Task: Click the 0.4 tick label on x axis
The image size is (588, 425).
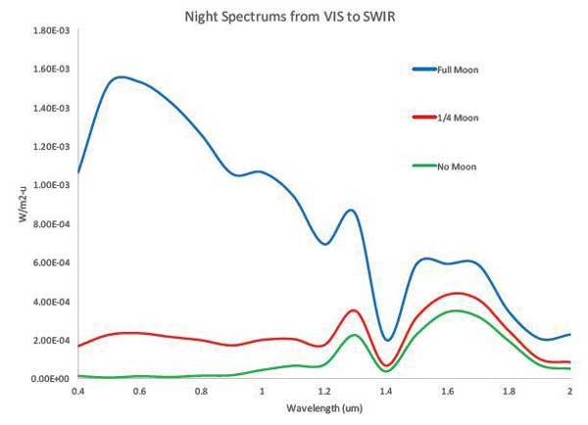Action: click(x=77, y=391)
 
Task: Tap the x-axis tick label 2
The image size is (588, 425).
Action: click(x=570, y=391)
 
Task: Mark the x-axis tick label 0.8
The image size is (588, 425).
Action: click(x=201, y=391)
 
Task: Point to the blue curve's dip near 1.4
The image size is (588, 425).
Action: click(x=388, y=340)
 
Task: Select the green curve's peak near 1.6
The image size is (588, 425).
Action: click(x=454, y=310)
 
